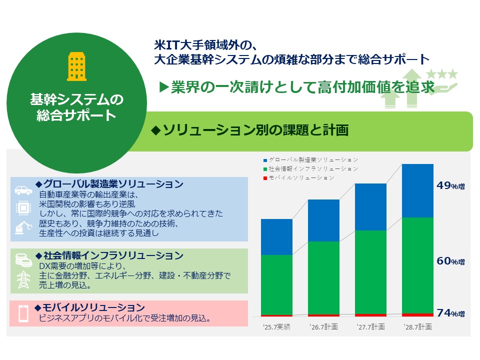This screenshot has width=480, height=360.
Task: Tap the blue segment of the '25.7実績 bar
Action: point(276,236)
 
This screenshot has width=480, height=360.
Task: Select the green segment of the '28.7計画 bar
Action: point(417,265)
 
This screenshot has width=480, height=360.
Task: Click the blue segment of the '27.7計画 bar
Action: point(370,206)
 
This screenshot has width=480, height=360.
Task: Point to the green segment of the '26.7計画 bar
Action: point(323,277)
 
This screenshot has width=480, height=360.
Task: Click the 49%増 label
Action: point(450,186)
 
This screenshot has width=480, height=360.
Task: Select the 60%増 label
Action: point(450,261)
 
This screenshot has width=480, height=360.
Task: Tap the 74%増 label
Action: point(450,313)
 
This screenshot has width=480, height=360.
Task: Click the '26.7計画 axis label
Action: point(323,327)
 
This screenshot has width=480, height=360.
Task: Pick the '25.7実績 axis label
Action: point(276,327)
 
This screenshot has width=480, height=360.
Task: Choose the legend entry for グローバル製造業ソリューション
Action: point(310,159)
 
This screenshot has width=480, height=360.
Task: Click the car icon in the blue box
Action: point(23,190)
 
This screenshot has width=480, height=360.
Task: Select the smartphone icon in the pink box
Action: point(23,313)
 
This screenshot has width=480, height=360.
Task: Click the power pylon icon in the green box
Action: point(23,280)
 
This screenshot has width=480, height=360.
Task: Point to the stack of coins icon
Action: point(23,258)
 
